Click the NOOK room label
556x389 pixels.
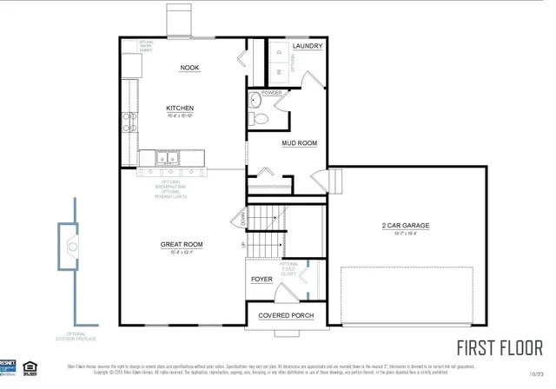189,68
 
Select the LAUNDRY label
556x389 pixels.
307,46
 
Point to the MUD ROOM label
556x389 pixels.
298,143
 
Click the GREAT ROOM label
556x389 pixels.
182,245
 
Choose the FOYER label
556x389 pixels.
261,280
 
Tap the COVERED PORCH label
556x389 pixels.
286,315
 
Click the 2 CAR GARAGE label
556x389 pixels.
406,226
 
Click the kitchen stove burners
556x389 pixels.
130,121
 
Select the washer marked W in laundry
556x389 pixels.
278,72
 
